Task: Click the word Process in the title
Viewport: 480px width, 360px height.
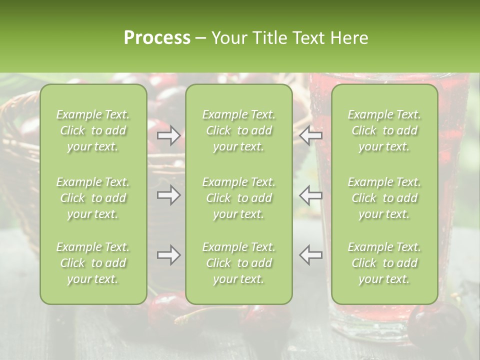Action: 157,37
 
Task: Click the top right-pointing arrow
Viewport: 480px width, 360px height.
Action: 169,135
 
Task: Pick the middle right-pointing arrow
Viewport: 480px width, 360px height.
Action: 169,195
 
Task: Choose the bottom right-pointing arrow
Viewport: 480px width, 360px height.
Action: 169,255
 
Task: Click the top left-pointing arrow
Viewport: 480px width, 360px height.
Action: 310,135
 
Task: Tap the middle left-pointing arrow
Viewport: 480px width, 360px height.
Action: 310,195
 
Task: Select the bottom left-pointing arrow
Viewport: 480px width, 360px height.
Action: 310,255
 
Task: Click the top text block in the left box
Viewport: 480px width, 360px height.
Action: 93,130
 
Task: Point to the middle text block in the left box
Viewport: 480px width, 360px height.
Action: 93,198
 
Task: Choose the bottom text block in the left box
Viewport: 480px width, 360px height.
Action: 93,263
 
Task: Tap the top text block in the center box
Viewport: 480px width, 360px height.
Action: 239,130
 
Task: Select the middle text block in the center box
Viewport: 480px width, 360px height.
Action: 239,198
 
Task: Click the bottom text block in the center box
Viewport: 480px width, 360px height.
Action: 239,263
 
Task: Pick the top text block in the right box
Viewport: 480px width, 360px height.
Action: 384,130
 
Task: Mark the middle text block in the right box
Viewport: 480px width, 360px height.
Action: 384,198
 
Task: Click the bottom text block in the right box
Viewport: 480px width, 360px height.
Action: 384,263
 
